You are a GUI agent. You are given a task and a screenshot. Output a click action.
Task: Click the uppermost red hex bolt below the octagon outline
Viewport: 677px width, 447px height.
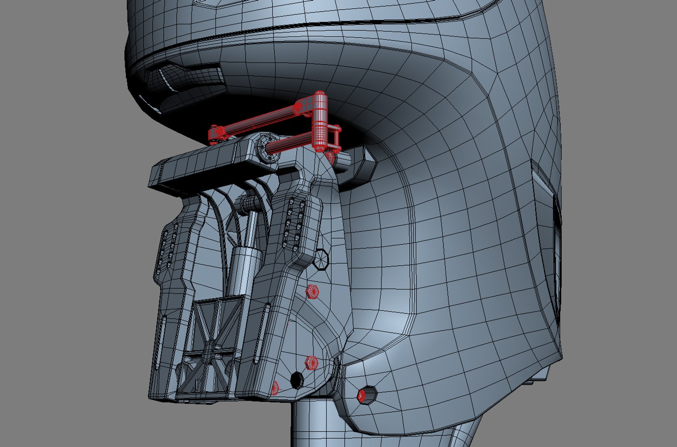coord(312,292)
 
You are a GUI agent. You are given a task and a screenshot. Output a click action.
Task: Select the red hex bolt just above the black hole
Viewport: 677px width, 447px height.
coord(311,363)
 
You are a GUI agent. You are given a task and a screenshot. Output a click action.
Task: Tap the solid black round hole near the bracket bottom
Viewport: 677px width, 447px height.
coord(297,380)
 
